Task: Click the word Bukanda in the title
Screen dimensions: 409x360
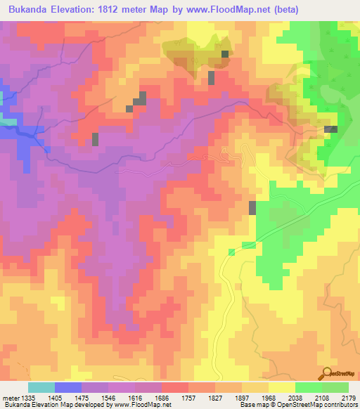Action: (29, 10)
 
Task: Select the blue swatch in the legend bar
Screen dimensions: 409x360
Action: (68, 387)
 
